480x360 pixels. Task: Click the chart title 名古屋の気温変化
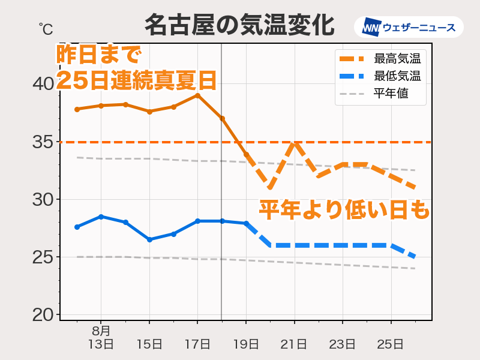pyautogui.click(x=239, y=26)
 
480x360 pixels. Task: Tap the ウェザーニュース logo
pyautogui.click(x=409, y=28)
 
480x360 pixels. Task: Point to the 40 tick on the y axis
pyautogui.click(x=43, y=84)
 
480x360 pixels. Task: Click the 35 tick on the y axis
pyautogui.click(x=43, y=142)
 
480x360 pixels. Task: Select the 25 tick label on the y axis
pyautogui.click(x=43, y=257)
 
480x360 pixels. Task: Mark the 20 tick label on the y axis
pyautogui.click(x=43, y=315)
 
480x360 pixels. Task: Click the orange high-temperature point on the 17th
pyautogui.click(x=197, y=95)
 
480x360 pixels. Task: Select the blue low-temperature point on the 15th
pyautogui.click(x=149, y=239)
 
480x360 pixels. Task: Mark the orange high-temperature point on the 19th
pyautogui.click(x=246, y=154)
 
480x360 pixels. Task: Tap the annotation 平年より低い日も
pyautogui.click(x=344, y=209)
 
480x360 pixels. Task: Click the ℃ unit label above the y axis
pyautogui.click(x=46, y=28)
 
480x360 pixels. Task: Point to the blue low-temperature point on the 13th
pyautogui.click(x=101, y=217)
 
